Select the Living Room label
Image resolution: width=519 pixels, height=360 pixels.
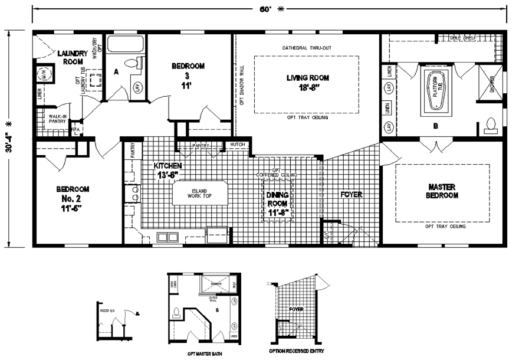[307, 82]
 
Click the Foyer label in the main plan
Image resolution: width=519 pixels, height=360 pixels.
[350, 194]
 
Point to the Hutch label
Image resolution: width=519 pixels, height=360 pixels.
[238, 145]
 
